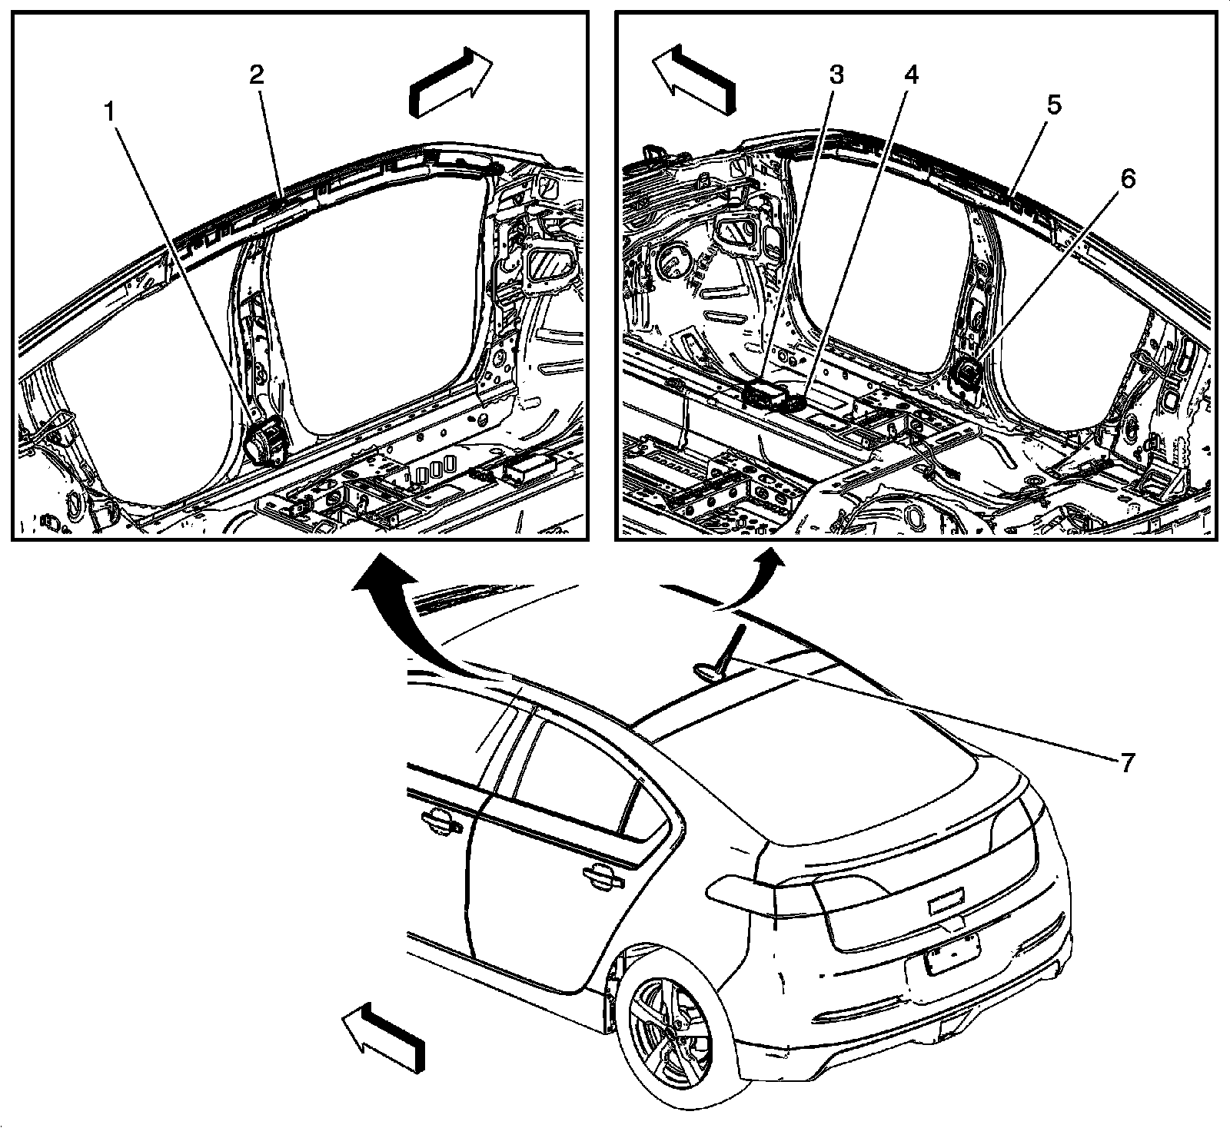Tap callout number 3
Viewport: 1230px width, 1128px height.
tap(836, 75)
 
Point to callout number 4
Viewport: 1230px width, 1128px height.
tap(911, 75)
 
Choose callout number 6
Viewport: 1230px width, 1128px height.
tap(1126, 179)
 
